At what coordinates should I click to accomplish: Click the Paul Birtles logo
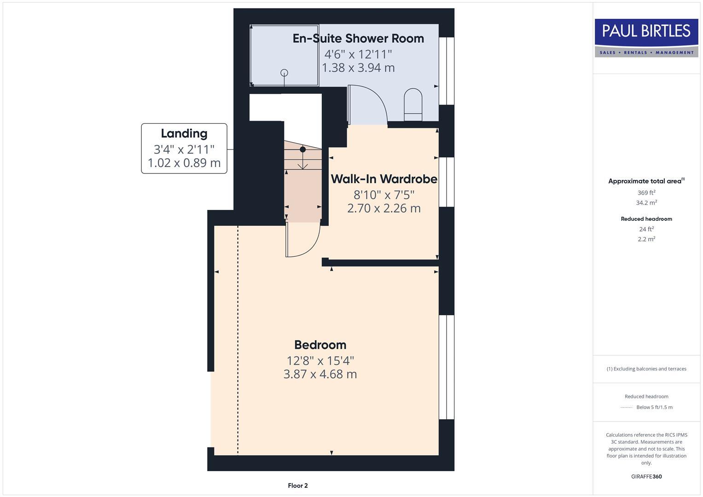click(x=646, y=37)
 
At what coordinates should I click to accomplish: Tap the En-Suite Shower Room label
click(x=358, y=38)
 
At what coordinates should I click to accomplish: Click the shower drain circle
click(x=285, y=73)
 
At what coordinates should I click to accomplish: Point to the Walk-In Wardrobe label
click(x=384, y=179)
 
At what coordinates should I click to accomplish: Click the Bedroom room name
click(x=320, y=345)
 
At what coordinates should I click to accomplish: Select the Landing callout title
click(x=184, y=133)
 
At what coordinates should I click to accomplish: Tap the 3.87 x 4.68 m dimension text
click(x=320, y=374)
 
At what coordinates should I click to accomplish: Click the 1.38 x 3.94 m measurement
click(x=358, y=68)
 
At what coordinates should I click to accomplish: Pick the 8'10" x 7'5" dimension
click(x=384, y=195)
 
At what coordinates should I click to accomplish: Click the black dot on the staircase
click(x=302, y=150)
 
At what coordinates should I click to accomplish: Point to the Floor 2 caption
click(x=297, y=485)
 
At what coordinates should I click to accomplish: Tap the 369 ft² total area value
click(x=646, y=193)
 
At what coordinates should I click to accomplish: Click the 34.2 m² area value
click(x=646, y=202)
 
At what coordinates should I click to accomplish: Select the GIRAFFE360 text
click(x=646, y=476)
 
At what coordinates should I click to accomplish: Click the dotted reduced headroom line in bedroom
click(x=238, y=341)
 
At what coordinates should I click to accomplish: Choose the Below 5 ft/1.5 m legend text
click(x=654, y=407)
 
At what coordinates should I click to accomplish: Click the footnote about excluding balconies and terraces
click(x=646, y=369)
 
